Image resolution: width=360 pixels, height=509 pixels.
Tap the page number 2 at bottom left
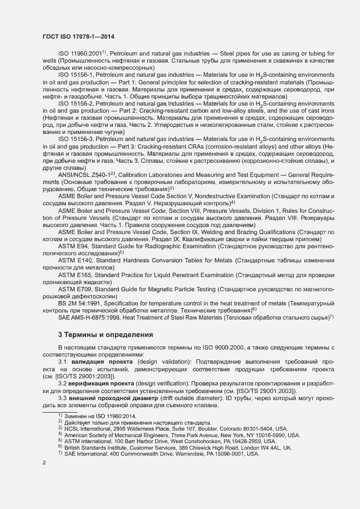point(44,463)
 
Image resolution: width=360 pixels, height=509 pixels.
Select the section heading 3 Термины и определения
point(106,334)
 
